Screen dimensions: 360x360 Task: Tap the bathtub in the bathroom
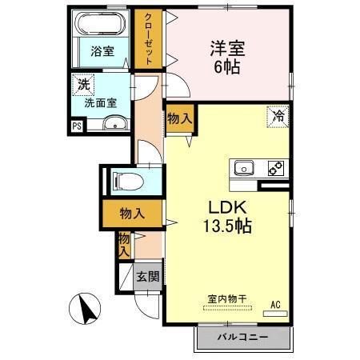pyautogui.click(x=100, y=24)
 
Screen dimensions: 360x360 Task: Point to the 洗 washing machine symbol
pyautogui.click(x=83, y=83)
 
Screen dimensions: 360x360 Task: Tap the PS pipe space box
pyautogui.click(x=77, y=125)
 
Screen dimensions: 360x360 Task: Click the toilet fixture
pyautogui.click(x=125, y=179)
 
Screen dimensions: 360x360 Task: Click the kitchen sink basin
pyautogui.click(x=244, y=168)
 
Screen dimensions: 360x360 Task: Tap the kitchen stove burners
pyautogui.click(x=274, y=168)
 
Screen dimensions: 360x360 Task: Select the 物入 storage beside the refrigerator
pyautogui.click(x=179, y=118)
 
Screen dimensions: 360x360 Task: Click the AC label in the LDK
pyautogui.click(x=274, y=305)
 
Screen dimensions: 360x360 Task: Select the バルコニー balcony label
pyautogui.click(x=242, y=337)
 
